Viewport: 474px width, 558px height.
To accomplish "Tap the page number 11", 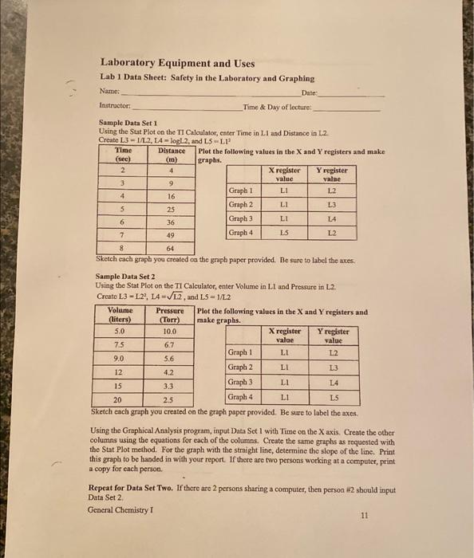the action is tap(364, 516).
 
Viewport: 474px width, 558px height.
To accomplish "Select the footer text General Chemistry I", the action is tap(121, 509).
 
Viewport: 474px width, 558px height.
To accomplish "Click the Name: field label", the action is tap(109, 92).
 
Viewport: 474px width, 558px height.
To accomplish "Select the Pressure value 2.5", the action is tap(168, 399).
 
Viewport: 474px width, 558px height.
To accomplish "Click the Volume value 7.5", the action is tap(120, 344).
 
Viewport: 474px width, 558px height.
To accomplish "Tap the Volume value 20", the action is tap(118, 399).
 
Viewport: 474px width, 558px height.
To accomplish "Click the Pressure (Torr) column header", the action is tap(169, 315).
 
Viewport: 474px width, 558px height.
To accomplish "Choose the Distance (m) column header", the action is tap(171, 155).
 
